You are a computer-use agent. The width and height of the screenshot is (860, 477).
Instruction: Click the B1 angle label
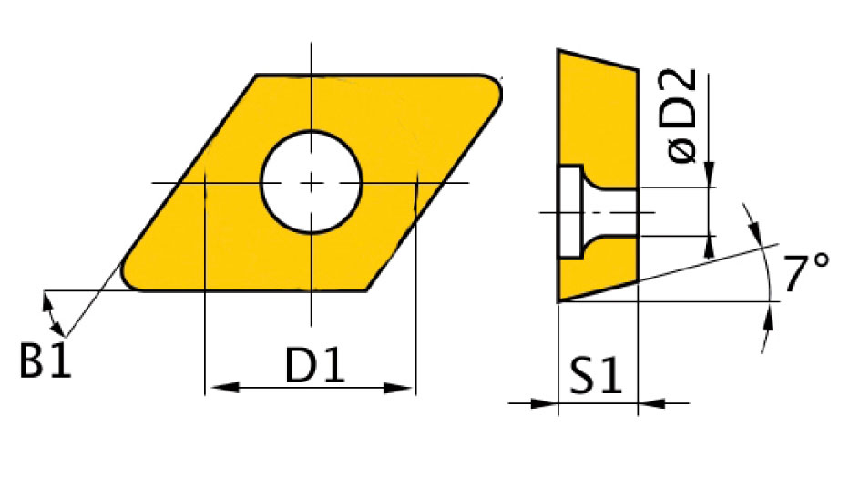pyautogui.click(x=46, y=360)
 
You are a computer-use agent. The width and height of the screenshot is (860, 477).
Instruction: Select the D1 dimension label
pyautogui.click(x=315, y=365)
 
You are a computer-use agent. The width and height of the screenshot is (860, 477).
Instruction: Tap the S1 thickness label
pyautogui.click(x=596, y=376)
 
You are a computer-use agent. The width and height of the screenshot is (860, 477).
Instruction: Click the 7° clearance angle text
pyautogui.click(x=805, y=272)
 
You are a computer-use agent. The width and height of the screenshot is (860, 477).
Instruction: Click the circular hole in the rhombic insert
pyautogui.click(x=311, y=182)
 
